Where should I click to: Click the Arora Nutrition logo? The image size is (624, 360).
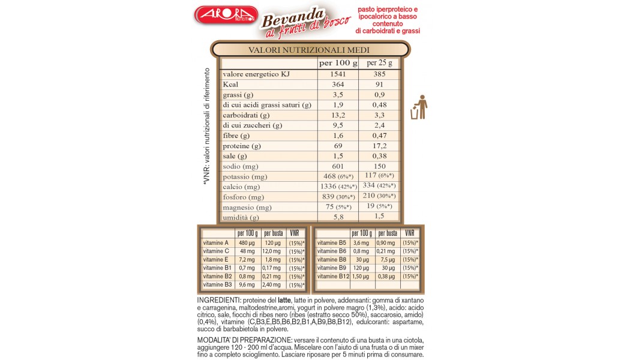(226, 15)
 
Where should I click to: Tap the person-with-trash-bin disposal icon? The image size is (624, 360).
(419, 107)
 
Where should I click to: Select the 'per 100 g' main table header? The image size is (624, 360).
(338, 63)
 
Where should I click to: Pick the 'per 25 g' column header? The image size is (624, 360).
(380, 63)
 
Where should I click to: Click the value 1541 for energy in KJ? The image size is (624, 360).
(338, 74)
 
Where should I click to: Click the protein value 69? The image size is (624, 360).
(338, 146)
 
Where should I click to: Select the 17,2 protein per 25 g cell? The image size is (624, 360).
(380, 146)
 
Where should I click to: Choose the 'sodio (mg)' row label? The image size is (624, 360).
(240, 166)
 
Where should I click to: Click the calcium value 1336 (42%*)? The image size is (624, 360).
(338, 187)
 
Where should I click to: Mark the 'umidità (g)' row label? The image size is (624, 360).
(241, 217)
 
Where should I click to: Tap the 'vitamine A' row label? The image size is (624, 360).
(216, 242)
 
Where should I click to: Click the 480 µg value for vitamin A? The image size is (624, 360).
(247, 242)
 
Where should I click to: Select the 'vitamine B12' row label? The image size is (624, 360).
(333, 276)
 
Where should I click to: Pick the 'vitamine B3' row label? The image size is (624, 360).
(217, 284)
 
